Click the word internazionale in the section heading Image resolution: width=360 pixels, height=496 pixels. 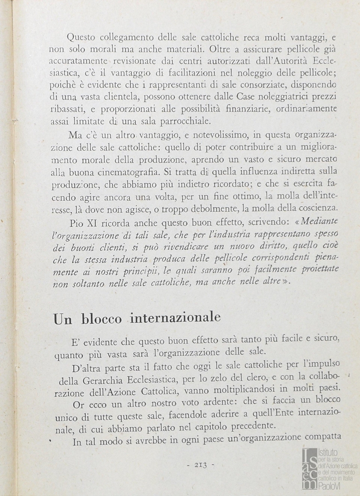(x=176, y=317)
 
